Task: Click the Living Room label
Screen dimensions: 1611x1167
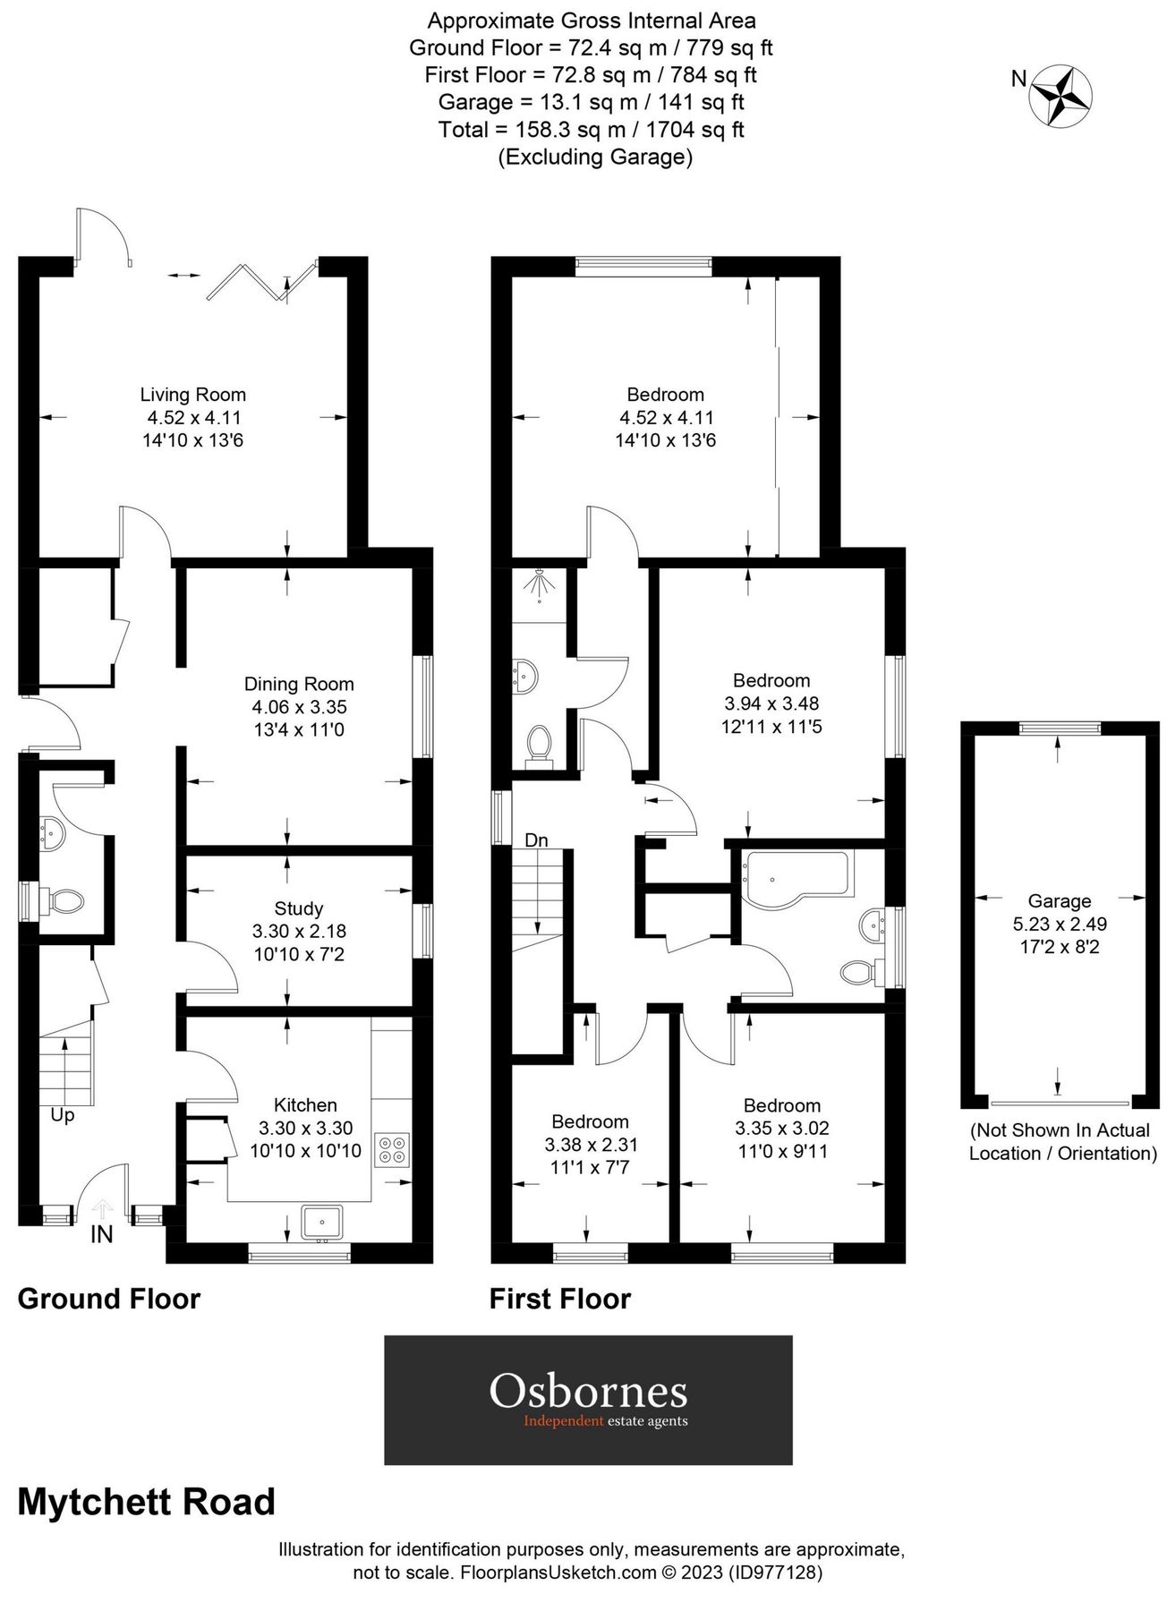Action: coord(192,395)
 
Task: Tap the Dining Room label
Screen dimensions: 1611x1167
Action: coord(299,685)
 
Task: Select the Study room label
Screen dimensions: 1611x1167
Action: coord(299,908)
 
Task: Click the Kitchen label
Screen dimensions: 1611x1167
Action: coord(305,1105)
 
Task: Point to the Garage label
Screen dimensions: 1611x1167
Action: coord(1059,901)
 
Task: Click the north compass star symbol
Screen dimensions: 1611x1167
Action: coord(1061,94)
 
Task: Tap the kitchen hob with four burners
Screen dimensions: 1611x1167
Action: coord(392,1149)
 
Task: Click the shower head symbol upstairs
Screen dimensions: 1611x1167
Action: coord(539,585)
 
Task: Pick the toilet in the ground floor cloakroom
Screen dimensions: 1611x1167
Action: coord(64,900)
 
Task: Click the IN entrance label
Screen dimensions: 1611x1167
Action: coord(101,1234)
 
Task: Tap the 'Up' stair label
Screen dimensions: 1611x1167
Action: coord(63,1115)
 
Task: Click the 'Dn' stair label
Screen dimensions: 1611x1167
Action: coord(536,840)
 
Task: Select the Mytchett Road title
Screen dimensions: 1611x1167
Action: coord(147,1502)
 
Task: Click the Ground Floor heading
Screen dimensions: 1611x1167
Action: coord(109,1299)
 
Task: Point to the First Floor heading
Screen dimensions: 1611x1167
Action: coord(560,1299)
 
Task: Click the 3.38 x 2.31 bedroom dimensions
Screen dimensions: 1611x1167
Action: coord(590,1145)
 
